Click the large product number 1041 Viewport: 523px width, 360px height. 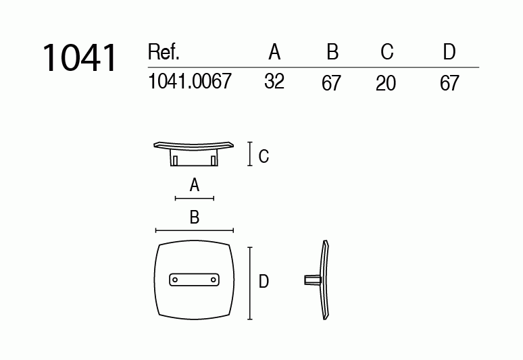coord(80,58)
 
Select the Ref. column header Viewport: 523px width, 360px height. coord(163,53)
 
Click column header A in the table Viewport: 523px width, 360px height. coord(274,52)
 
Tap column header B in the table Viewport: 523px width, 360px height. coord(332,52)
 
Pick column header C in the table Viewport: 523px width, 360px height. coord(387,52)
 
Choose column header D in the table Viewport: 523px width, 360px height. coord(449,52)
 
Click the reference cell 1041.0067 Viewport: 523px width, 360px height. coord(189,82)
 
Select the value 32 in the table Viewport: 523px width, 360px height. coord(274,82)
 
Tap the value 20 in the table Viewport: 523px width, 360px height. coord(386,84)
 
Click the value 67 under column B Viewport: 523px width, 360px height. coord(332,84)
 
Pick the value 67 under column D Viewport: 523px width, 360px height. coord(449,84)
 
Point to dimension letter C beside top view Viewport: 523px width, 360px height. coord(264,157)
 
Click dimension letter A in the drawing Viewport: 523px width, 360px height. coord(195,185)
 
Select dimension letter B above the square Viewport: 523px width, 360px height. coord(195,217)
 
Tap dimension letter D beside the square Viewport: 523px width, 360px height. coord(264,282)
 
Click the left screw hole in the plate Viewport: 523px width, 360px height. coord(174,279)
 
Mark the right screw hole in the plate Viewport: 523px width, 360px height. coord(214,279)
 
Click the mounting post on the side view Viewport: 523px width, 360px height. coord(312,280)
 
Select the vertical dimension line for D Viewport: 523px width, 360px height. coord(251,283)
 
